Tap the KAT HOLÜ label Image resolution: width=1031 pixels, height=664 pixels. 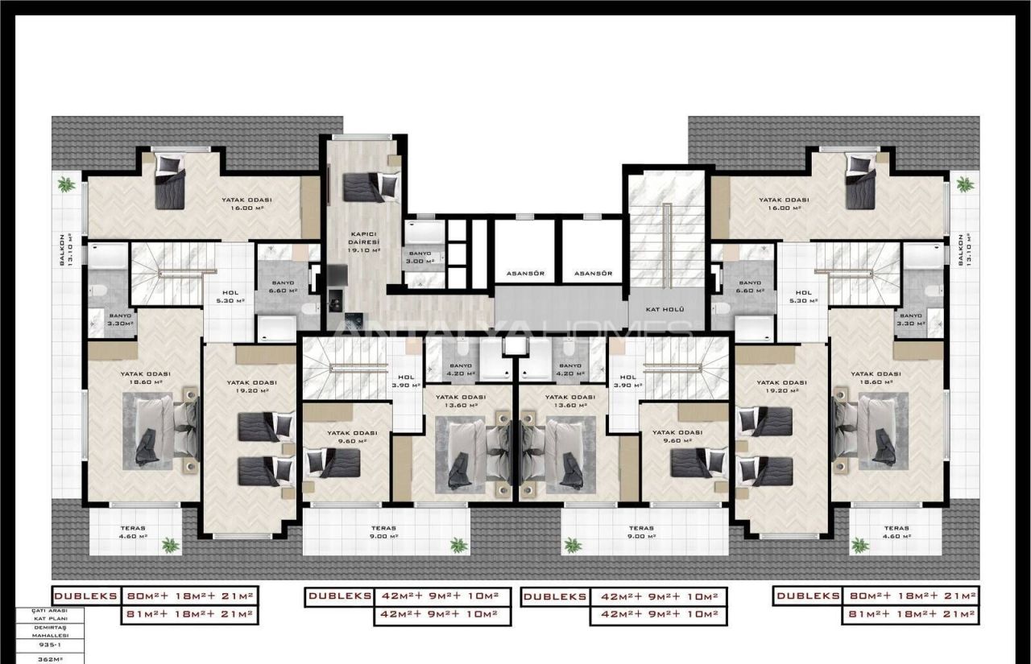[x=665, y=309]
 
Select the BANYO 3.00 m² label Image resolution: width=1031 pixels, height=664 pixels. [x=419, y=257]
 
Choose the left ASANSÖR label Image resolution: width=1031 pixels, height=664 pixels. [x=526, y=274]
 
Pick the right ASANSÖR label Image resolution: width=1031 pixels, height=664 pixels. [x=594, y=274]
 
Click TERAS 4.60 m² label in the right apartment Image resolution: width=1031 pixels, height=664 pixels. [x=889, y=532]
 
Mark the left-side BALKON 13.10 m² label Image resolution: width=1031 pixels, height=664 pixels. [x=71, y=249]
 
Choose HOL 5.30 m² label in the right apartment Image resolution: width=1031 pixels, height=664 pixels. [x=803, y=296]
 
